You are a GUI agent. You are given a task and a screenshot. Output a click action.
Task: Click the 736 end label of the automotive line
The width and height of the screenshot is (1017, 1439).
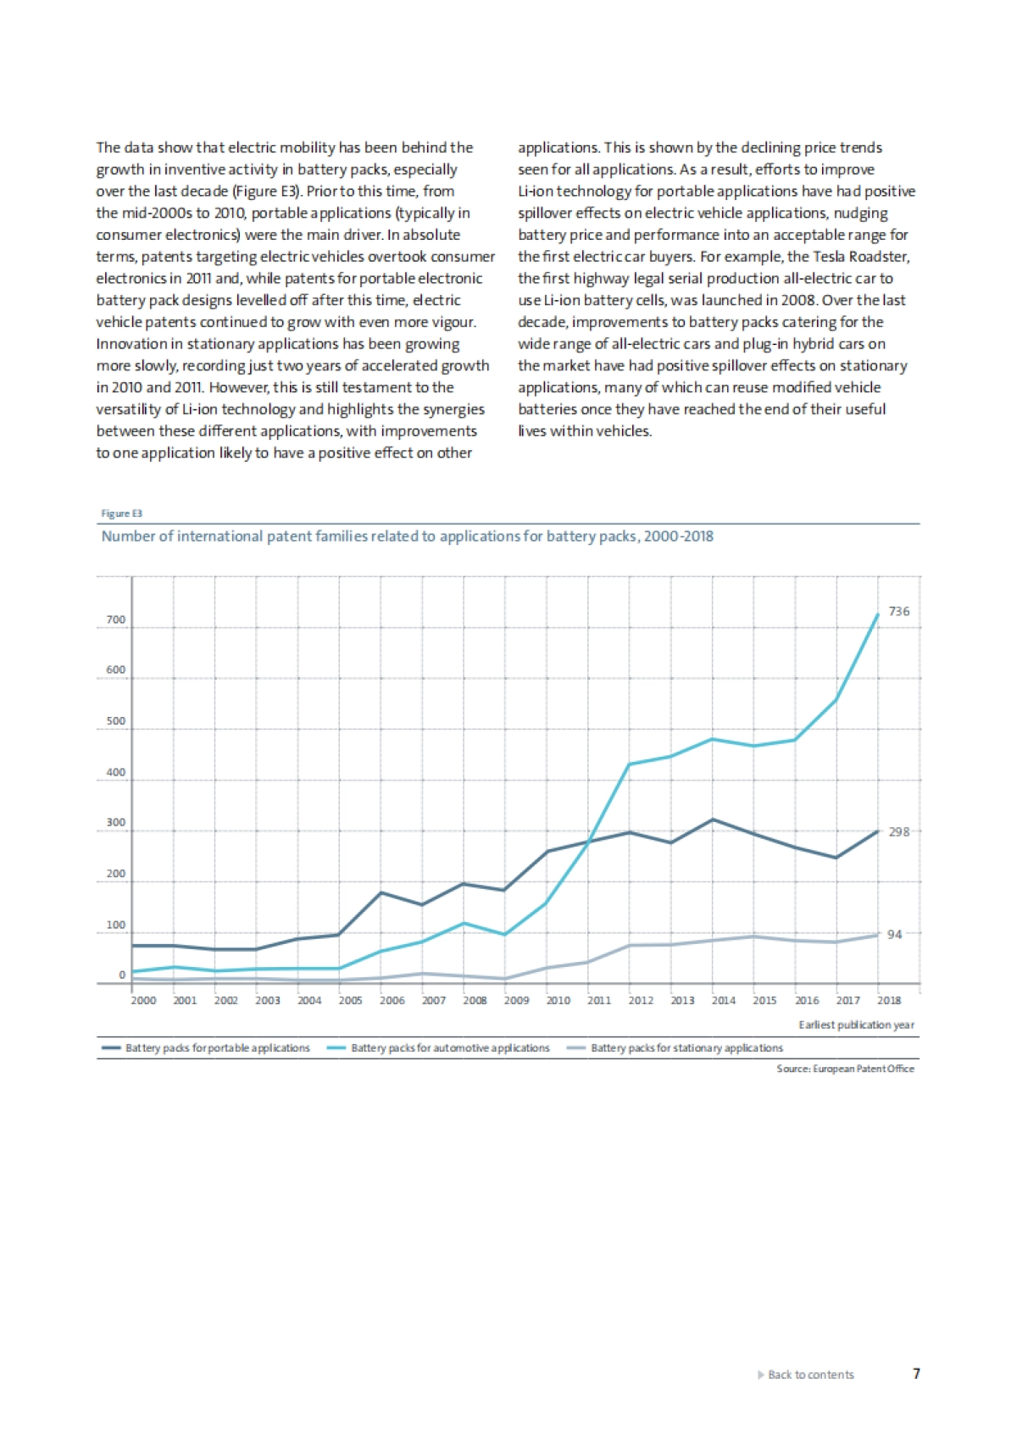pos(898,611)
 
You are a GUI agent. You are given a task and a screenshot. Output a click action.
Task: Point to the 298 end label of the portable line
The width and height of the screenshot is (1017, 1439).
pos(898,831)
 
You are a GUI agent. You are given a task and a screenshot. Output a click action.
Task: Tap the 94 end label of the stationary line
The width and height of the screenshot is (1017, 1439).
pos(894,934)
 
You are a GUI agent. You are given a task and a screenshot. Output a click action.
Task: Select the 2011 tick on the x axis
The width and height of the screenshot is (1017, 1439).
pos(599,1000)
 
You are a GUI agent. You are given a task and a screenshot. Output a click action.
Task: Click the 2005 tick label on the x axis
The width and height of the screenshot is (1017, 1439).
pos(350,1000)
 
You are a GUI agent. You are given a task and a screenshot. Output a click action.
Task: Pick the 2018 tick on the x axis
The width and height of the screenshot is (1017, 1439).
pos(888,1000)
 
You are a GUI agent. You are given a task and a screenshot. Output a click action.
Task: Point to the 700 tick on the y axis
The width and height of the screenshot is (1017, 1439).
pos(115,619)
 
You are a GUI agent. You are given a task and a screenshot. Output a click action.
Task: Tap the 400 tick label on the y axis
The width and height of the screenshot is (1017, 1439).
pos(115,772)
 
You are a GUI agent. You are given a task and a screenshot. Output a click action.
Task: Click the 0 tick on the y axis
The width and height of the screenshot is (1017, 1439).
pos(122,975)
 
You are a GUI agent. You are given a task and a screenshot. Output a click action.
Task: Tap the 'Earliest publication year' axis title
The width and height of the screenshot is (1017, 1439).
pos(856,1025)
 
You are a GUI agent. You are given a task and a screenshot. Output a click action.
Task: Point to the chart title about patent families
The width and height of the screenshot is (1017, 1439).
pos(407,536)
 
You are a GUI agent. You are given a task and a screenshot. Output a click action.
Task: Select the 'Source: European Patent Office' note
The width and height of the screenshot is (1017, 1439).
pos(845,1069)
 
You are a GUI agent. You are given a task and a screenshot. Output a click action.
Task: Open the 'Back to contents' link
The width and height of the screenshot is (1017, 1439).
pos(810,1375)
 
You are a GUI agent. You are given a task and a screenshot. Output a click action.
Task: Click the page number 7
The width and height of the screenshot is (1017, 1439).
pos(916,1374)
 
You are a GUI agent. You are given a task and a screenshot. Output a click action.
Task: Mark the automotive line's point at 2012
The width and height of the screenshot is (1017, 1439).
pos(630,764)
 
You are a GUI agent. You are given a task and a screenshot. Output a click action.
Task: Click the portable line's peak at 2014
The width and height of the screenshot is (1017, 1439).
pos(713,820)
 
